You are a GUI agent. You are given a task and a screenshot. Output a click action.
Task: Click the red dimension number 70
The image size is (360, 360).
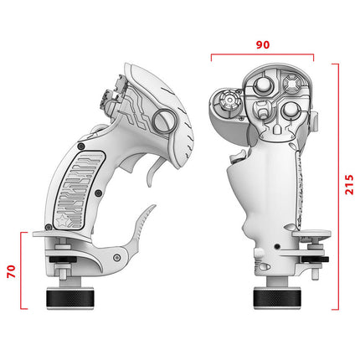tap(9, 270)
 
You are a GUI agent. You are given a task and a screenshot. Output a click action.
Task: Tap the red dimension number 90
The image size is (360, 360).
tap(262, 44)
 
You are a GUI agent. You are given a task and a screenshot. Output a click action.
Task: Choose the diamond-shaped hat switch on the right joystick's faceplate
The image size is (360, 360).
tap(290, 85)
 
